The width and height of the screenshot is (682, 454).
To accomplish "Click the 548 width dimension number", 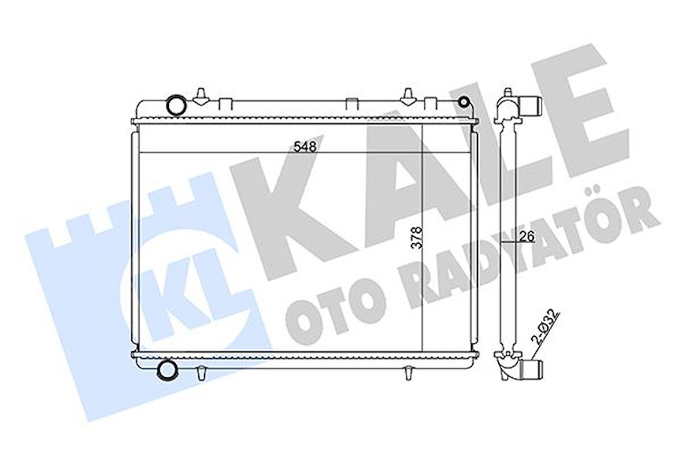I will pos(305,147).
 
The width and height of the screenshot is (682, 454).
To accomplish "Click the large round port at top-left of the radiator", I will pos(175,105).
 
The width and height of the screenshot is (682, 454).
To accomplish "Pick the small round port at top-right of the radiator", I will pos(462,103).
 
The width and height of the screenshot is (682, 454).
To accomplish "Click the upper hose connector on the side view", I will pos(531,105).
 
